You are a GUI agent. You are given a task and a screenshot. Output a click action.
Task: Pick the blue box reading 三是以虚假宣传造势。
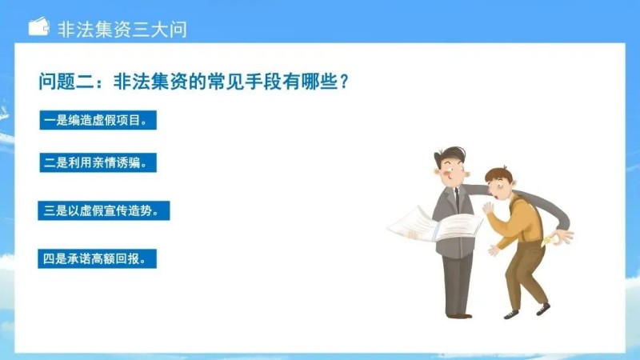tap(104, 211)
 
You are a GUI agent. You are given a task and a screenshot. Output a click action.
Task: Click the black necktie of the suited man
tap(456, 199)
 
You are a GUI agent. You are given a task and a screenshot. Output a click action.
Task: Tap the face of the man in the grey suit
tap(454, 169)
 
